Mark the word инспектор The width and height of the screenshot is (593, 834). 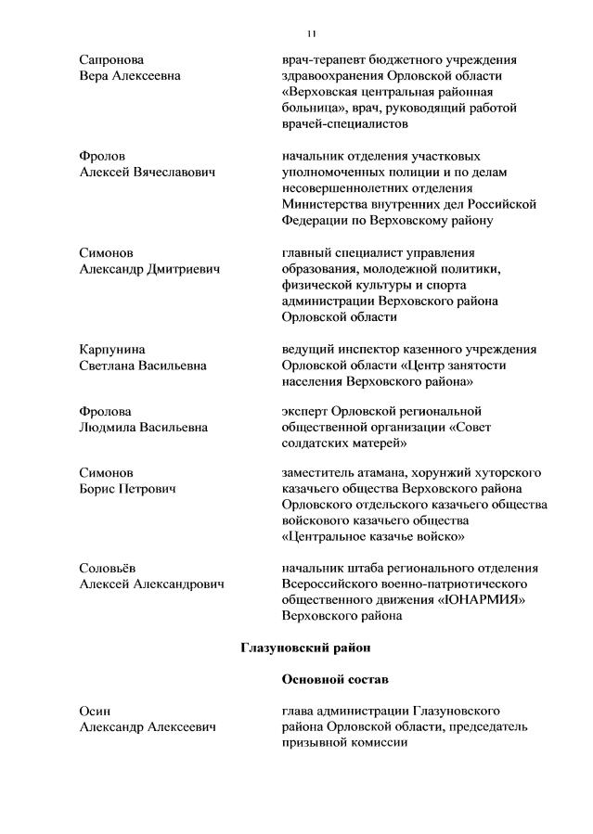[x=372, y=350]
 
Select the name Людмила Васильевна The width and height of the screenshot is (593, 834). [x=144, y=427]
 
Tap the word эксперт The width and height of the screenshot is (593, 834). [x=306, y=411]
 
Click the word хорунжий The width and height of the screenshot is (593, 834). [x=441, y=473]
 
